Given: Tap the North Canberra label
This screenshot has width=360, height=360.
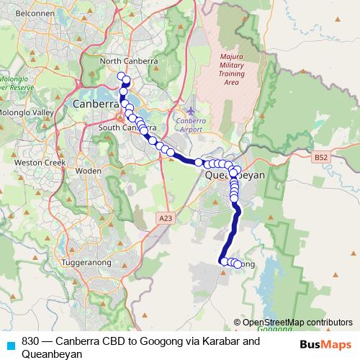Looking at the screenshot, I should tap(129, 61).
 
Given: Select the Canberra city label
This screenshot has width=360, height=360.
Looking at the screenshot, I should tap(95, 104).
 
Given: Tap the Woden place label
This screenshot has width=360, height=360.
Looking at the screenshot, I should tap(89, 171).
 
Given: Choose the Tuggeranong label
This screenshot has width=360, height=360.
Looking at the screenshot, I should tap(85, 263).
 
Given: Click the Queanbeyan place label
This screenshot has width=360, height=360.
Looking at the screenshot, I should tap(235, 175).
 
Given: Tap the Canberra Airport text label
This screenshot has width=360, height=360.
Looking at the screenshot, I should tap(190, 125).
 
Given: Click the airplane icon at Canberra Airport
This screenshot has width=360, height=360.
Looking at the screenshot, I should tap(190, 111).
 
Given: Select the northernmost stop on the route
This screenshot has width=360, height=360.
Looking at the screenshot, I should tap(121, 75).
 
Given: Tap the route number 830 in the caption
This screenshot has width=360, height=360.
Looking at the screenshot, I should tap(31, 341).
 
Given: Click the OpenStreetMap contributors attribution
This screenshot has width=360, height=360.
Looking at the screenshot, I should tap(297, 323).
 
